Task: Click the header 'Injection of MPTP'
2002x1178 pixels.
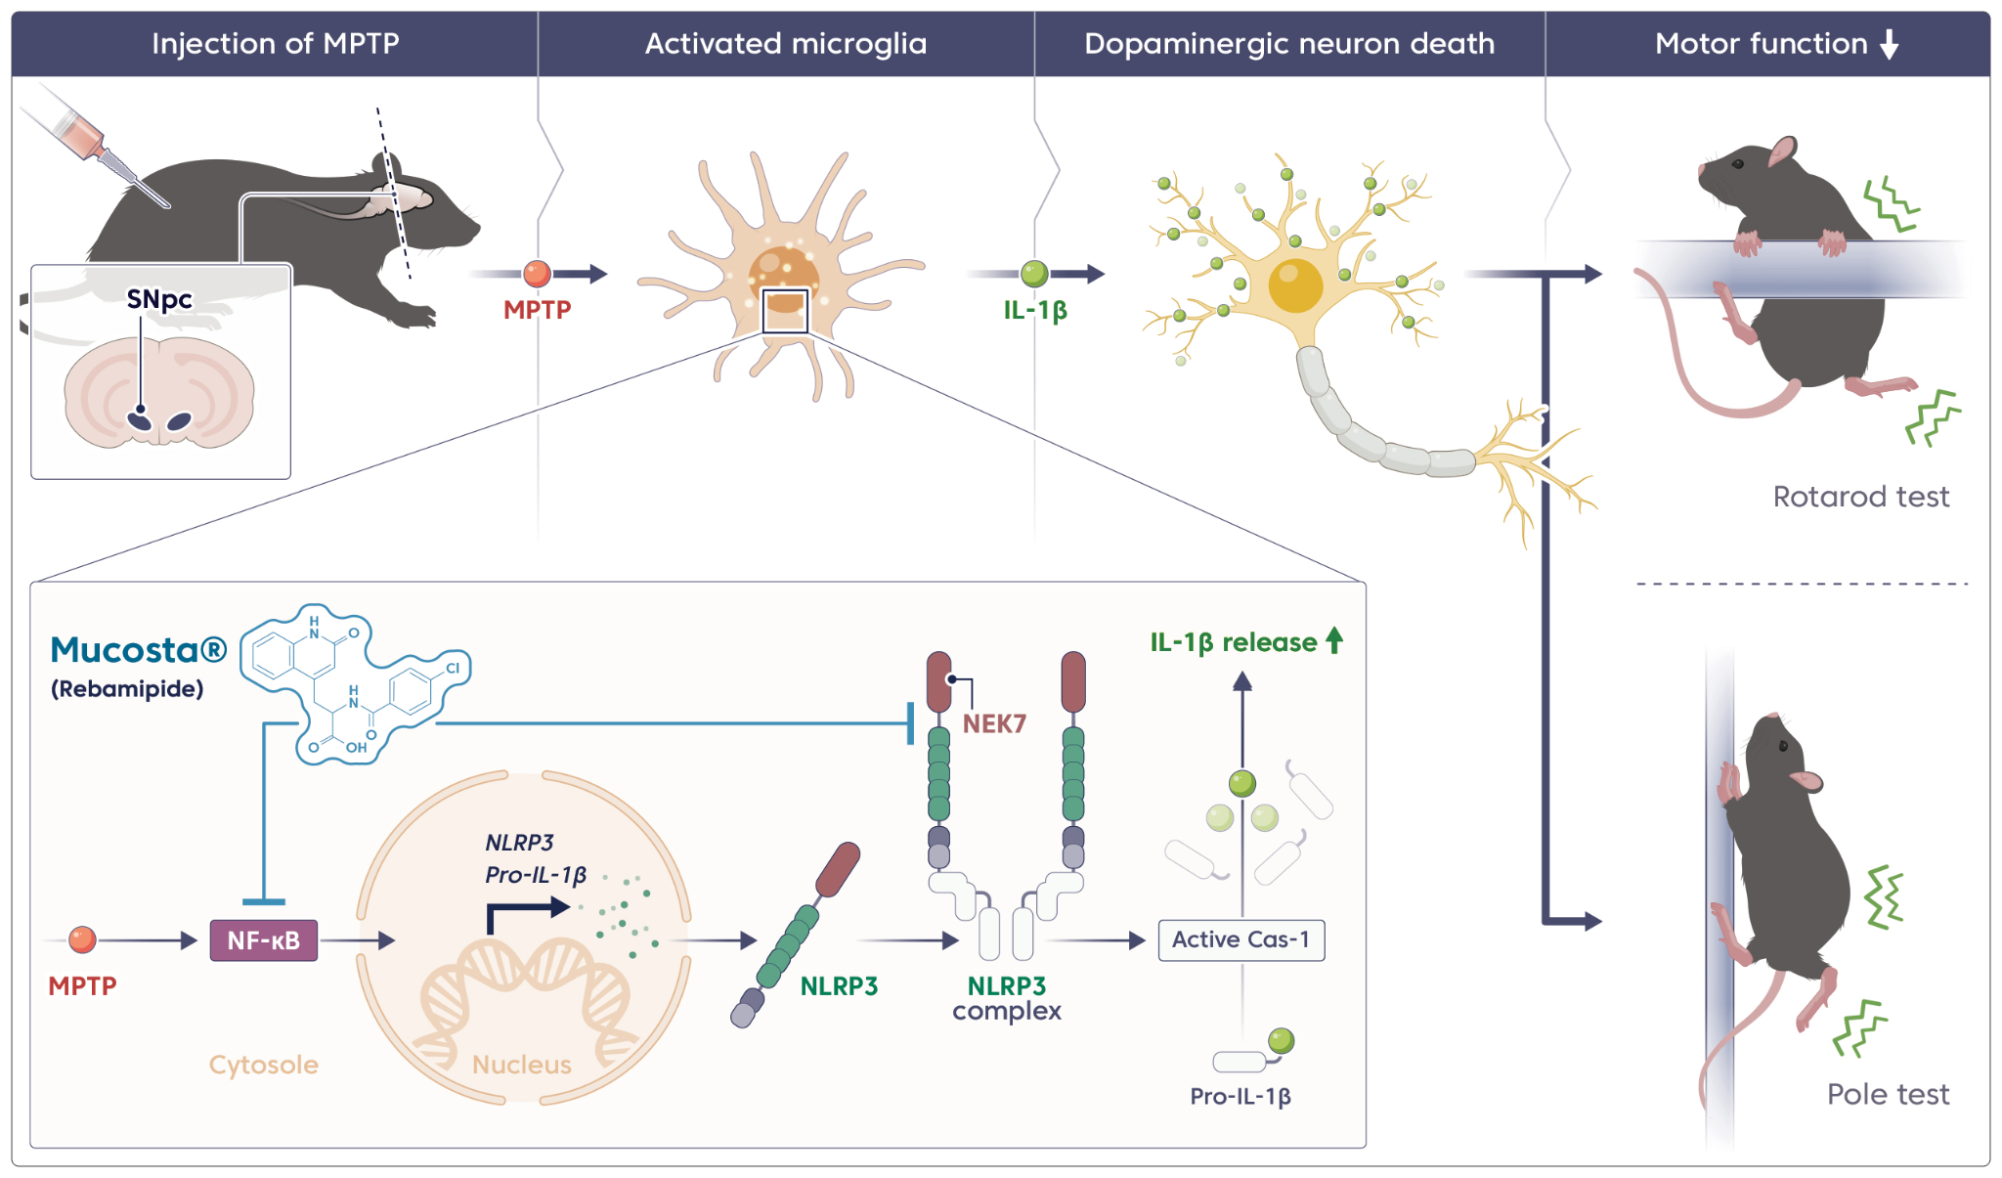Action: pyautogui.click(x=275, y=44)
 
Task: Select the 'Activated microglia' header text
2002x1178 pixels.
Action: pyautogui.click(x=785, y=44)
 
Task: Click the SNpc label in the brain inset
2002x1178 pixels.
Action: pyautogui.click(x=159, y=299)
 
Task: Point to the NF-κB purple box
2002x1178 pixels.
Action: pyautogui.click(x=263, y=940)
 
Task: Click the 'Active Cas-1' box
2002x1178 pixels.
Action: pyautogui.click(x=1240, y=939)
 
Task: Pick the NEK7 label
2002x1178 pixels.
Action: pyautogui.click(x=994, y=723)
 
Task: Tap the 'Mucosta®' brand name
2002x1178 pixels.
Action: pyautogui.click(x=138, y=650)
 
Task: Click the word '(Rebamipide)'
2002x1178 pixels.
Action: pyautogui.click(x=127, y=689)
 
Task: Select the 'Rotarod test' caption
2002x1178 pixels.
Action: pyautogui.click(x=1860, y=497)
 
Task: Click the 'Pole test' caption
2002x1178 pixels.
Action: pyautogui.click(x=1888, y=1094)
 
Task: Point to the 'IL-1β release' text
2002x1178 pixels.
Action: pyautogui.click(x=1233, y=642)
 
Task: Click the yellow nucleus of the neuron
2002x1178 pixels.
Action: pyautogui.click(x=1295, y=284)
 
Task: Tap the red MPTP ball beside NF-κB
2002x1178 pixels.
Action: pyautogui.click(x=82, y=940)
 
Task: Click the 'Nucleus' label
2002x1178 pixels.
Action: pyautogui.click(x=521, y=1065)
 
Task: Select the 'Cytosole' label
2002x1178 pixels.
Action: pyautogui.click(x=263, y=1065)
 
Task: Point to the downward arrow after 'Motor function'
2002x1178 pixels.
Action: pyautogui.click(x=1890, y=44)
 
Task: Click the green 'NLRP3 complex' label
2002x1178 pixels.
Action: pyautogui.click(x=1007, y=997)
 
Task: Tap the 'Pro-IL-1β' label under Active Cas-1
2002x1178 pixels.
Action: pyautogui.click(x=1240, y=1097)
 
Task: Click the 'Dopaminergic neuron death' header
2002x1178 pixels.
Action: pyautogui.click(x=1288, y=44)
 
